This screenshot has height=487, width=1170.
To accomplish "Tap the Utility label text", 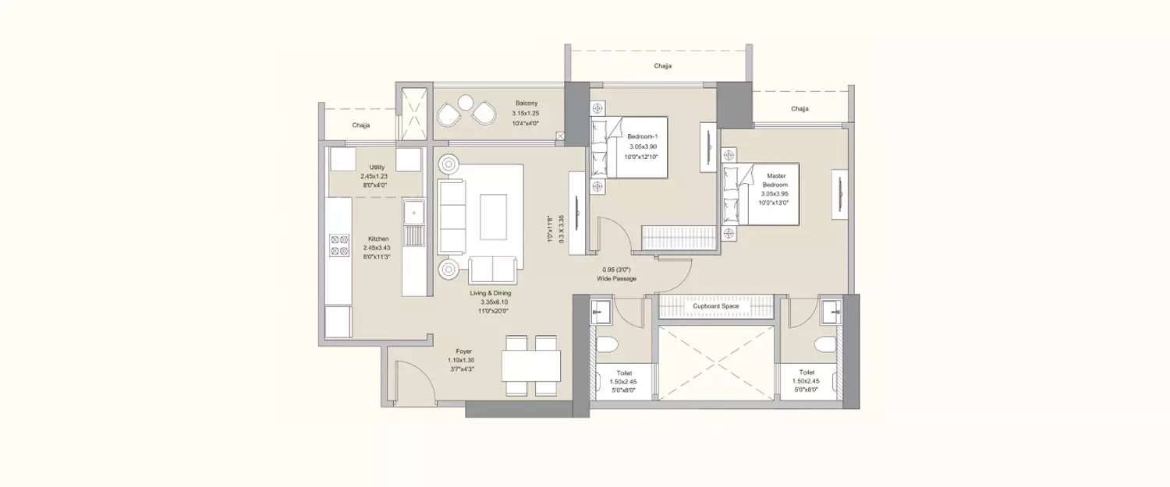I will [378, 168].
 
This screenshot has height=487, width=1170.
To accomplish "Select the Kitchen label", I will [380, 238].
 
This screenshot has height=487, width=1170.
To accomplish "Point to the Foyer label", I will [463, 352].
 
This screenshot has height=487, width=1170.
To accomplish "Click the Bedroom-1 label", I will [643, 138].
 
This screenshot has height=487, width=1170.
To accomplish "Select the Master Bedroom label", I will [775, 176].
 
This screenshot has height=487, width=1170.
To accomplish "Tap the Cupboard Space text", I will [715, 307].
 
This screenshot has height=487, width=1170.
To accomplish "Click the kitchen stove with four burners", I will [339, 245].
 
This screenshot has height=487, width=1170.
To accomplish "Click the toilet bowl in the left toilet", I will [608, 345].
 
